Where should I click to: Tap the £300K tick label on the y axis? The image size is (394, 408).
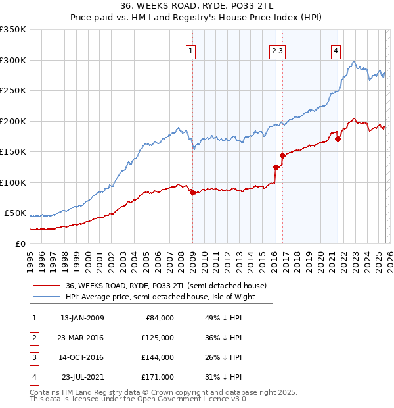13,60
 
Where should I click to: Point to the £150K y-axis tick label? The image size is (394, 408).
13,152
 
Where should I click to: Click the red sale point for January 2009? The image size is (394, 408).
192,192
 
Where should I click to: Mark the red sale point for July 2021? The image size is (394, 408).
338,139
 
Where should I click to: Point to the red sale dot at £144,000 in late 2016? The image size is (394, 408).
282,155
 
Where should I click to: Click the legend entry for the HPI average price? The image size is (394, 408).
160,297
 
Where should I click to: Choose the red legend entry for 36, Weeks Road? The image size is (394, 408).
165,286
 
